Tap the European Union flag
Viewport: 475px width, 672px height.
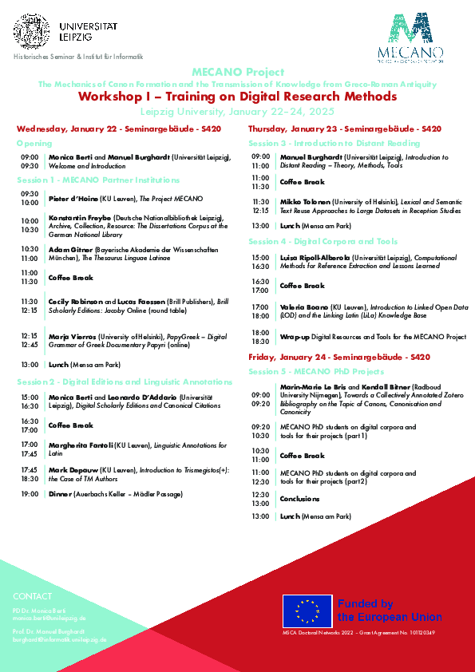point(307,611)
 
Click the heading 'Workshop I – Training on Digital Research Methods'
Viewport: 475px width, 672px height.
point(237,97)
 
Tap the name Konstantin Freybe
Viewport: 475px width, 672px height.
point(79,217)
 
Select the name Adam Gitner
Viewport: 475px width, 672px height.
point(70,249)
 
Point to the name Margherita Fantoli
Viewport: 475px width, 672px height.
point(81,444)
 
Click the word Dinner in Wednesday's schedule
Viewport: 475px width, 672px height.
point(61,495)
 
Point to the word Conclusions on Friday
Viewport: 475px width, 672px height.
point(299,499)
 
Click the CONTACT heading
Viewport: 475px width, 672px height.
point(32,596)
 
